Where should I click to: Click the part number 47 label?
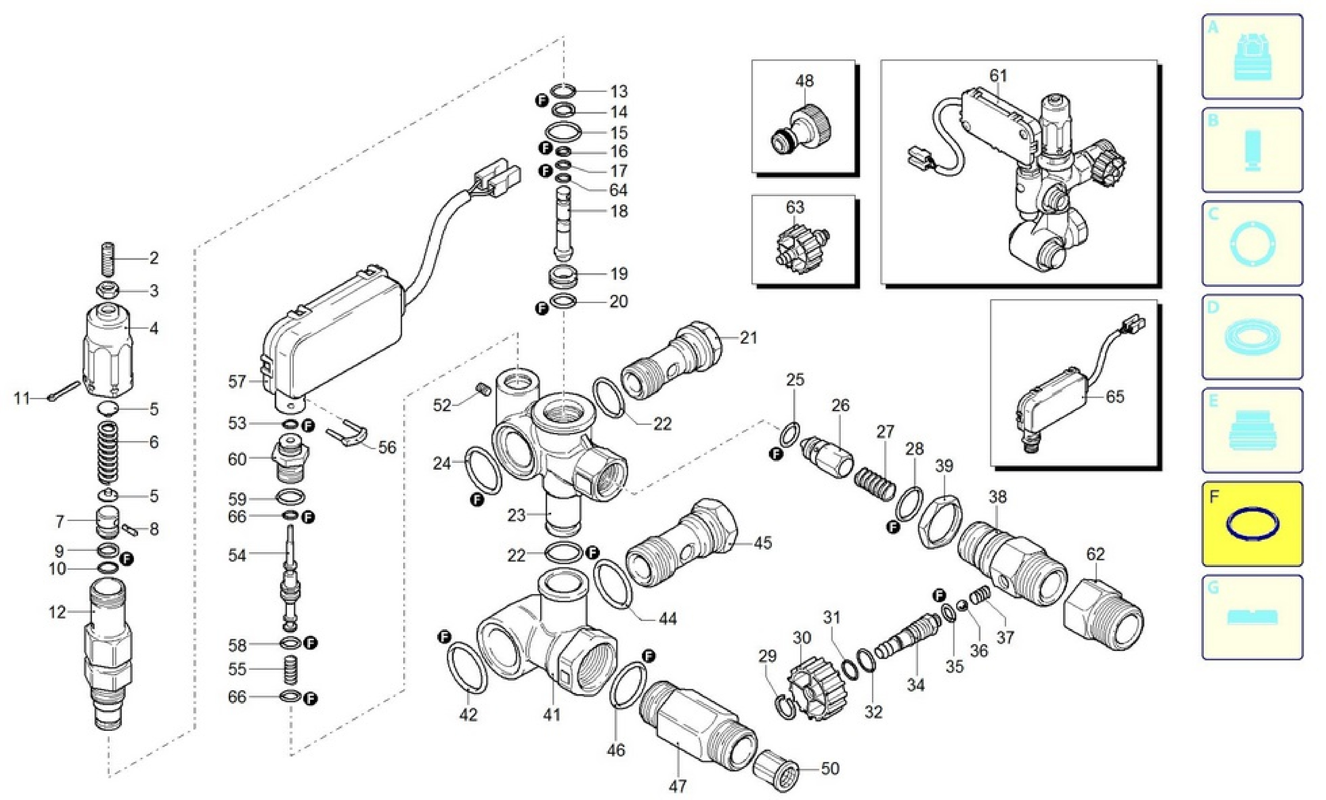(678, 786)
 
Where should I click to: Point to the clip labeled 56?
(347, 433)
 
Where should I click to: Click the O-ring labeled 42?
(467, 667)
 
